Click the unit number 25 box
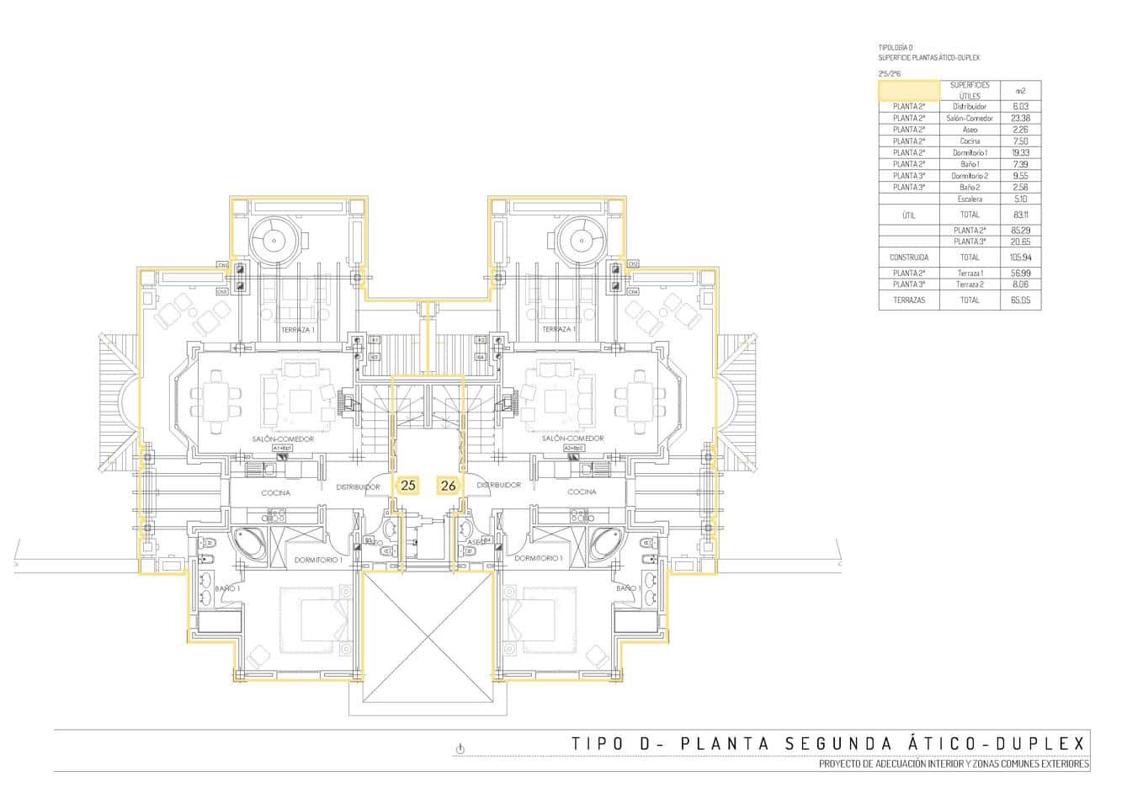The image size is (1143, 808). (408, 485)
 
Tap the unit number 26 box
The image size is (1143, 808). (448, 485)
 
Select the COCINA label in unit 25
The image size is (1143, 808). (275, 492)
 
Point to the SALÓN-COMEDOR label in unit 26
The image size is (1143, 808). (573, 439)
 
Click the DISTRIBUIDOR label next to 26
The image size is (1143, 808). (498, 486)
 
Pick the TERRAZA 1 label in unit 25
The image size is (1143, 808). (298, 329)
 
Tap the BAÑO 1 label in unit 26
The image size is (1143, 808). (628, 588)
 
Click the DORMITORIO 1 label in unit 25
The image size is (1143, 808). (317, 559)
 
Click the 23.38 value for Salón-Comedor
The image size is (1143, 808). (1020, 119)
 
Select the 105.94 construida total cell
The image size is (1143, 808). (1020, 258)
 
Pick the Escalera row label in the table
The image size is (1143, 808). (970, 199)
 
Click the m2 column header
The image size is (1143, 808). (1020, 91)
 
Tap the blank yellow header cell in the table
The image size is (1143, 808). (909, 91)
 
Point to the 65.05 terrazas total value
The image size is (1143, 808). (1020, 300)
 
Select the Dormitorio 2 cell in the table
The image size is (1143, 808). (970, 176)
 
